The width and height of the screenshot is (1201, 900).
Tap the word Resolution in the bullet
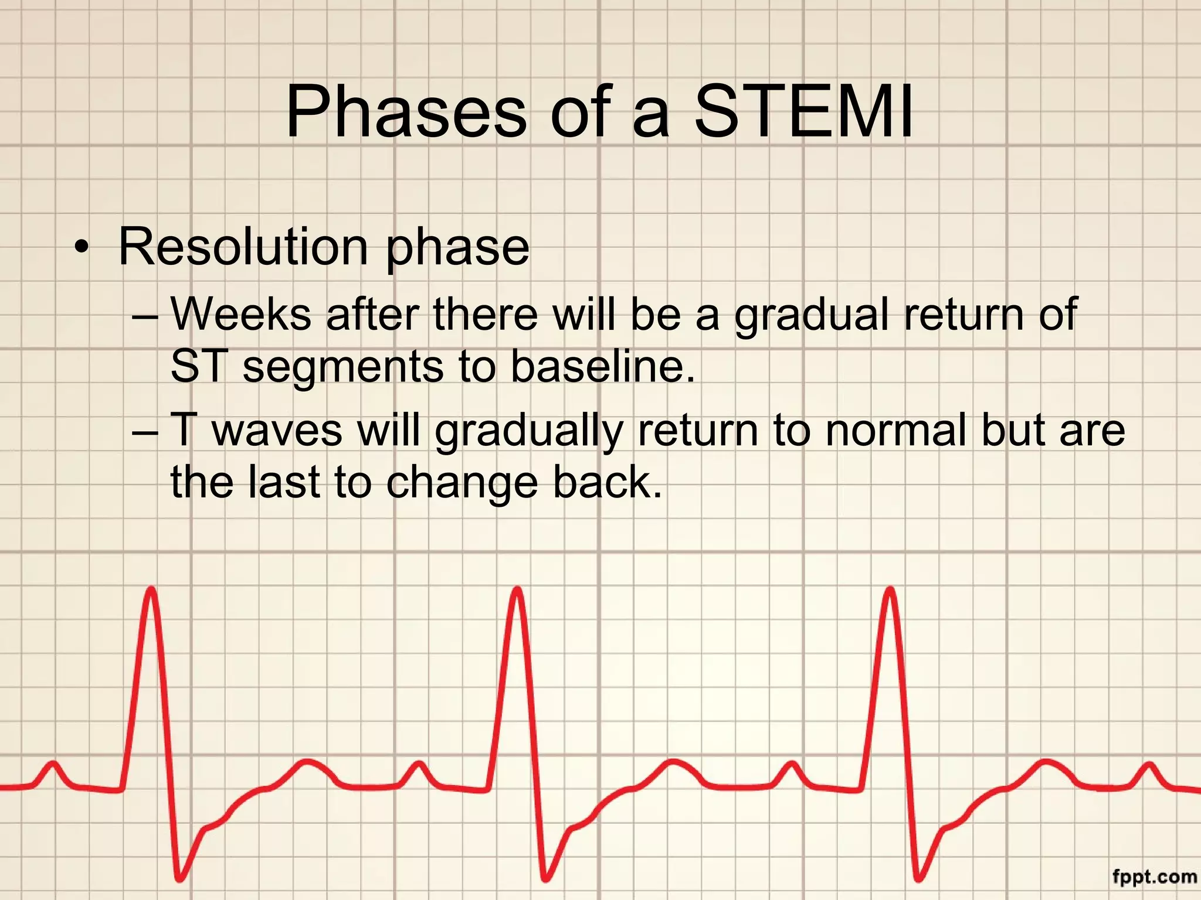point(243,247)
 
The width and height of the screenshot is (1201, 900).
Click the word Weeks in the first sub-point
point(240,314)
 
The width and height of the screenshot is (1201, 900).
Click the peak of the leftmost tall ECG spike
point(151,591)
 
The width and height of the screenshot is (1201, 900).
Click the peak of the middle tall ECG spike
point(517,591)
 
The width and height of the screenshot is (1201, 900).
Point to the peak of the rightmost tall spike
point(890,591)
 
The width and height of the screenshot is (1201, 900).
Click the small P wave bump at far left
point(53,764)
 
